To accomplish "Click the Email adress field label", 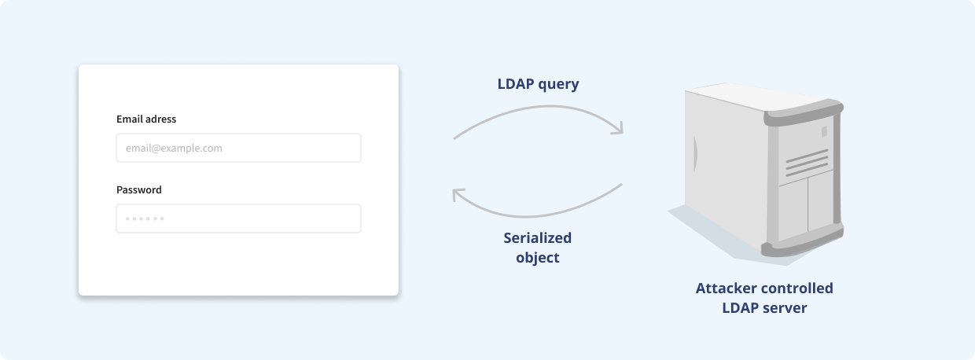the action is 146,119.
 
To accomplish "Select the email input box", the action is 238,148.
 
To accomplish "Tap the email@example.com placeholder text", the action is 174,148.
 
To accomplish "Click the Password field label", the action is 139,189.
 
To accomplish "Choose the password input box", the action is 238,219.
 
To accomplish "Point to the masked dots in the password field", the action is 145,219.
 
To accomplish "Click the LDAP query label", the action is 538,84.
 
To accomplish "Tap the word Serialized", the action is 538,237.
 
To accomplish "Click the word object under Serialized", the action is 538,258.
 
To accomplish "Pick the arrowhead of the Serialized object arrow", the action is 458,194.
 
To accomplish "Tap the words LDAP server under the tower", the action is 764,308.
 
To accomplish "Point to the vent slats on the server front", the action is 807,163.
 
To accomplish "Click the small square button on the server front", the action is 824,131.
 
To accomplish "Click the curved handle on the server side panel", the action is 695,154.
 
